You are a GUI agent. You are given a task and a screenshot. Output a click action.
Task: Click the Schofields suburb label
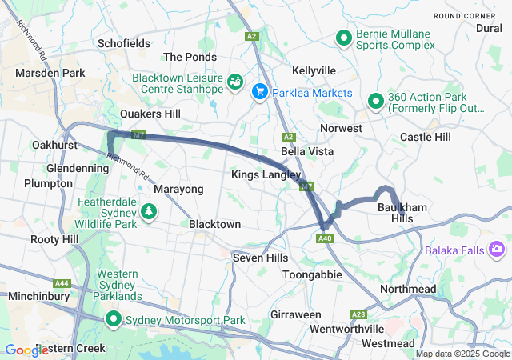[x=123, y=43]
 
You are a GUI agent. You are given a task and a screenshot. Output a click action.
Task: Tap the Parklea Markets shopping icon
[x=260, y=93]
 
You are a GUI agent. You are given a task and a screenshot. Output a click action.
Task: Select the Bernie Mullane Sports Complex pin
[x=344, y=38]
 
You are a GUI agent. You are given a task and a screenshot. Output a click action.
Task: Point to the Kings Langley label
[x=266, y=174]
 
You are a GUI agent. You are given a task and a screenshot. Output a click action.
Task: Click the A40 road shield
[x=325, y=238]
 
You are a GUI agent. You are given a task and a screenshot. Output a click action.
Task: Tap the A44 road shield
[x=62, y=283]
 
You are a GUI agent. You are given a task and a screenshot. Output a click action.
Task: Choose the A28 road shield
[x=358, y=314]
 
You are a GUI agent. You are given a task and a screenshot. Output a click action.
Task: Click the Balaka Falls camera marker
[x=497, y=250]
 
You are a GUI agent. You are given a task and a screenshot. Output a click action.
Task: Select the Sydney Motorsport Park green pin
[x=114, y=320]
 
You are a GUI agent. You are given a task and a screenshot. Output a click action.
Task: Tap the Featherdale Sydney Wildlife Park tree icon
[x=148, y=211]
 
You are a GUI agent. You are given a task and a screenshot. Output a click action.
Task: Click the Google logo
[x=26, y=350]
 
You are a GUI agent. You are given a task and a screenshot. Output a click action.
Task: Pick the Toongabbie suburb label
[x=313, y=274]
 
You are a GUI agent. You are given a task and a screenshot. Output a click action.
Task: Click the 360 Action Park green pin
[x=374, y=101]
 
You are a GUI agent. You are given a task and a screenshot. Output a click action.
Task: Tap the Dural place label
[x=489, y=28]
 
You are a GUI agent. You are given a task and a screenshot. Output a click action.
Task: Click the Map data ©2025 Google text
[x=462, y=354]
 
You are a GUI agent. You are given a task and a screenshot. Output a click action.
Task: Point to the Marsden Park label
[x=50, y=73]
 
